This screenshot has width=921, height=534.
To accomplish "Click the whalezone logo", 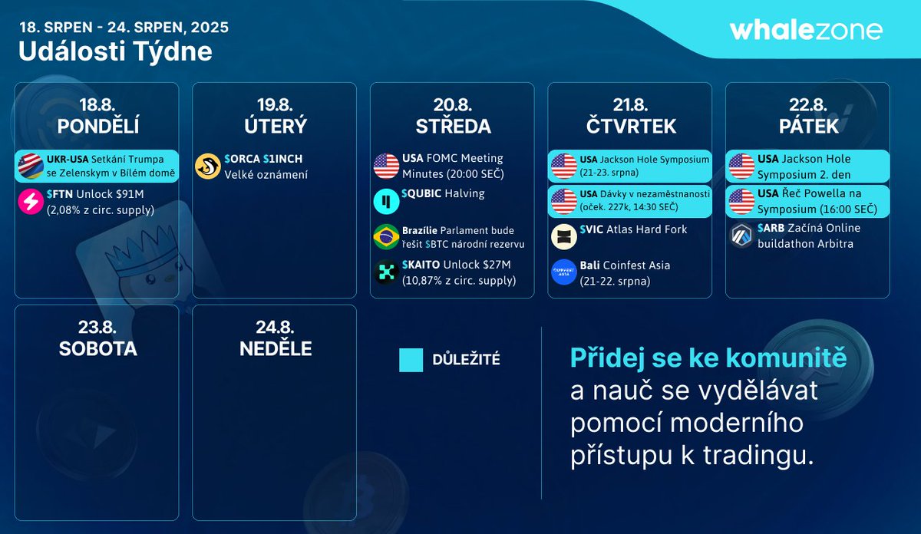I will point(805,30).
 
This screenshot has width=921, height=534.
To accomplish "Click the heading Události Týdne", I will point(115,51).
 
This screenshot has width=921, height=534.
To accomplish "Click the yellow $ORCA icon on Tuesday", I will point(207,166).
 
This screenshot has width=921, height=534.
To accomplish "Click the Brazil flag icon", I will point(386,237).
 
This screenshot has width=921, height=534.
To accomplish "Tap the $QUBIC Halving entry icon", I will point(386,202).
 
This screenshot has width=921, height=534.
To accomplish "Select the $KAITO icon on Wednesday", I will point(386,273).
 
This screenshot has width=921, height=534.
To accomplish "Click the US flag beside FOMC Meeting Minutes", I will point(386,166).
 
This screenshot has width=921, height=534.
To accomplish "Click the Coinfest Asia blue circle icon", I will point(564,273).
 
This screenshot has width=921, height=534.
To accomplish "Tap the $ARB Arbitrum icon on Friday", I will point(741,236).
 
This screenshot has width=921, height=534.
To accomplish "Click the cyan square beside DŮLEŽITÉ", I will point(411,360).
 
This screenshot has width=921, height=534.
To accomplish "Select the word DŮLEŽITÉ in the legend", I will point(466,360).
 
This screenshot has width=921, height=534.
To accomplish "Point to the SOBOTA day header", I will point(97,348).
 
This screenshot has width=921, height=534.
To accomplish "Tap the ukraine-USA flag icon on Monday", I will point(30,166).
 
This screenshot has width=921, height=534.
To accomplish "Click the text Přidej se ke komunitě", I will point(708,358).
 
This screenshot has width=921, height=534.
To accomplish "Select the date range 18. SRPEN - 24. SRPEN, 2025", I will point(124,28).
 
